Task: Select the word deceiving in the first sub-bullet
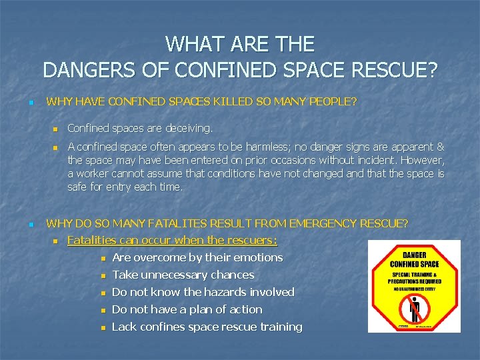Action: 189,128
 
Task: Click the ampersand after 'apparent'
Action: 440,147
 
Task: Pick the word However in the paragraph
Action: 423,160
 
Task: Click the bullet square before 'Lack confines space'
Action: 103,327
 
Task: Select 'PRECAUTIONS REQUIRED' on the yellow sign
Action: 414,281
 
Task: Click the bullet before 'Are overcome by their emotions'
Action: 103,258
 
